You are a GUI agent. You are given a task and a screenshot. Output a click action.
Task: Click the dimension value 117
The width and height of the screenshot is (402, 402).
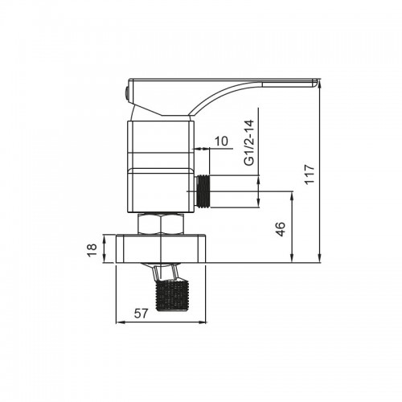pyautogui.click(x=310, y=174)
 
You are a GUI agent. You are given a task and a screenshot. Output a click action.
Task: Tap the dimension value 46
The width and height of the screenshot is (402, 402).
pyautogui.click(x=281, y=229)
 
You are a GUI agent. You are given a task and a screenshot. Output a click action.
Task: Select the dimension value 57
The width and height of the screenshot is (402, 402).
pyautogui.click(x=141, y=314)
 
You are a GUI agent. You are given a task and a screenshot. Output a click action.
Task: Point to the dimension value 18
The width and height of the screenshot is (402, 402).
pyautogui.click(x=92, y=250)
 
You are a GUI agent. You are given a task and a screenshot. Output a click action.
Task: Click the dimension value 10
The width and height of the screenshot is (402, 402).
pyautogui.click(x=221, y=141)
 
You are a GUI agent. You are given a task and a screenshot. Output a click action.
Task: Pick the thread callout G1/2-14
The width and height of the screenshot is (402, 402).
pyautogui.click(x=249, y=142)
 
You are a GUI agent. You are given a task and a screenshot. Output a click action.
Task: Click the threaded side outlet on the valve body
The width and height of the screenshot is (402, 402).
pyautogui.click(x=203, y=191)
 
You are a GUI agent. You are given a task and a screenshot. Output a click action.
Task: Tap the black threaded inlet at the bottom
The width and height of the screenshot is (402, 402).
pyautogui.click(x=172, y=295)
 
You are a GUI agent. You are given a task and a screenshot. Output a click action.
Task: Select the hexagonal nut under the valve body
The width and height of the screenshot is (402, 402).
pyautogui.click(x=161, y=224)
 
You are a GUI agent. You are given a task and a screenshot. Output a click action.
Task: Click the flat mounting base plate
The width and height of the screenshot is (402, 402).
pyautogui.click(x=161, y=248)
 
